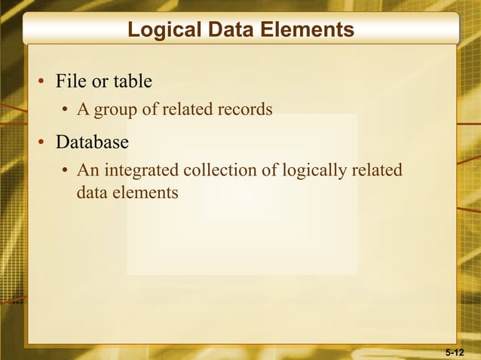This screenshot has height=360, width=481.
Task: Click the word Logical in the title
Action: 161,30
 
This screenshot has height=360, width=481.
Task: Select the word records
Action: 242,110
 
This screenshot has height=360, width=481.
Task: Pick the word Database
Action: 92,142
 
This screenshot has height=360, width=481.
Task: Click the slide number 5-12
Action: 455,352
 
